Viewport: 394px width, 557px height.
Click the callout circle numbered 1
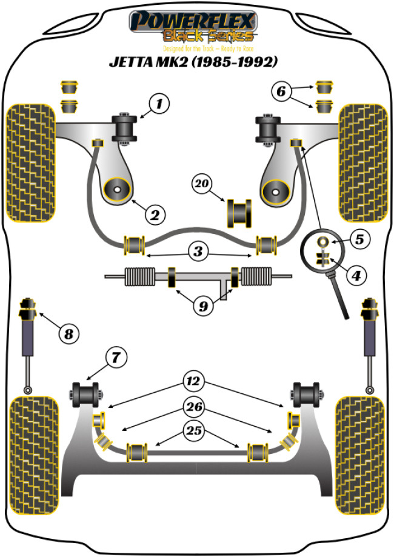pos(159,104)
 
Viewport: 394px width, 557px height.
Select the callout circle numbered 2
pos(154,213)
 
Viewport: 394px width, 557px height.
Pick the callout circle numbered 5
pos(359,239)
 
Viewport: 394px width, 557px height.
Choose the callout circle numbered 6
pos(281,92)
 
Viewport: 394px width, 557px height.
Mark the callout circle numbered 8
pos(69,332)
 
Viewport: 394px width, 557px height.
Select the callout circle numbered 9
pos(203,306)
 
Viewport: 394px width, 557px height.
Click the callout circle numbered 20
pos(203,182)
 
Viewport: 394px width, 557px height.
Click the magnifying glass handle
pos(338,295)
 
